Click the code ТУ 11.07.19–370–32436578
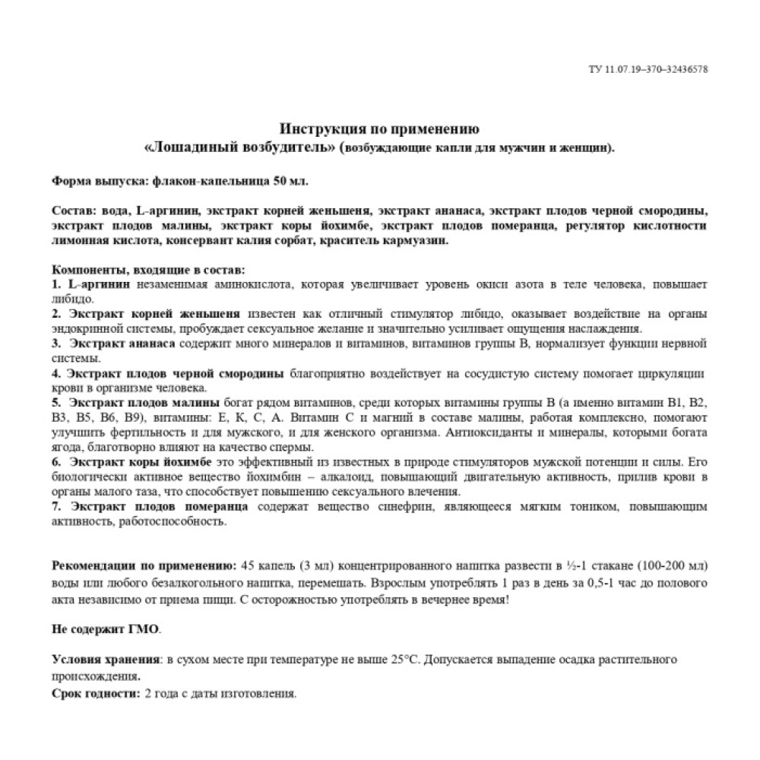coord(648,69)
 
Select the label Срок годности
coord(95,694)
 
